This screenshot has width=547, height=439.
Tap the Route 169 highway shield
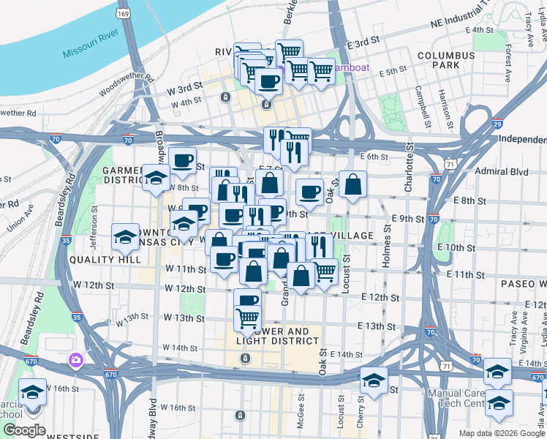pos(125,14)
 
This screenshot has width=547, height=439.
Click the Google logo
pos(23,430)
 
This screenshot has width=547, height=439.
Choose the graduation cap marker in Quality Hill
pos(125,237)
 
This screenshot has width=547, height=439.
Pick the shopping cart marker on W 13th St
pos(248,318)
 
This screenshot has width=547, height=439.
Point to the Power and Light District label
pos(278,335)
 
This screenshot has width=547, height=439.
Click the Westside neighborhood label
pos(73,437)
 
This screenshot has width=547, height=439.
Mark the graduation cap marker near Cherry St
pos(373,380)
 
